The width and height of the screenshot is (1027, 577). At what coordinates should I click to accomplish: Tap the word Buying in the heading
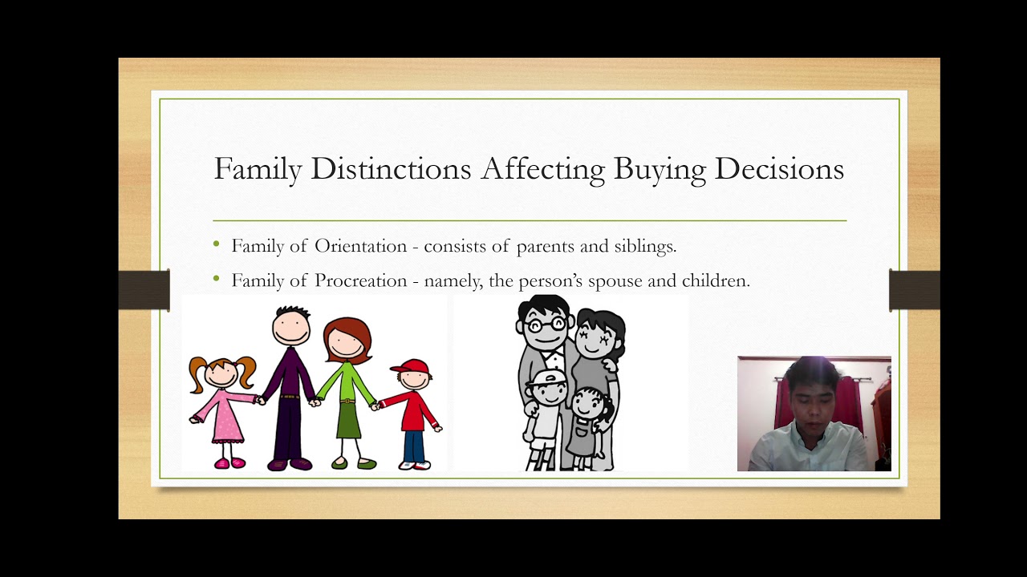coord(660,169)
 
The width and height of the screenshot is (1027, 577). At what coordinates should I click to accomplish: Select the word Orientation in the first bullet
coord(360,246)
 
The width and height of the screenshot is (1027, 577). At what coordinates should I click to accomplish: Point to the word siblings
coord(644,246)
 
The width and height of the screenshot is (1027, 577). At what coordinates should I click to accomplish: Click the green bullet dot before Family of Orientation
coord(217,244)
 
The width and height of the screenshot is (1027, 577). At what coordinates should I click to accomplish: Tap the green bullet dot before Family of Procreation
coord(217,279)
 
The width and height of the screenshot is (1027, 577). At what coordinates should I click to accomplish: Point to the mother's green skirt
coord(348,421)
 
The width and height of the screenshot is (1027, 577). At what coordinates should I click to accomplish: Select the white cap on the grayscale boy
coord(545,377)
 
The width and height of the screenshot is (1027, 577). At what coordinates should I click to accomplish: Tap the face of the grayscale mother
coord(595,335)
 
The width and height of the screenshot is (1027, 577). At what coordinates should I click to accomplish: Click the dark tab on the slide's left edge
coord(144,290)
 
